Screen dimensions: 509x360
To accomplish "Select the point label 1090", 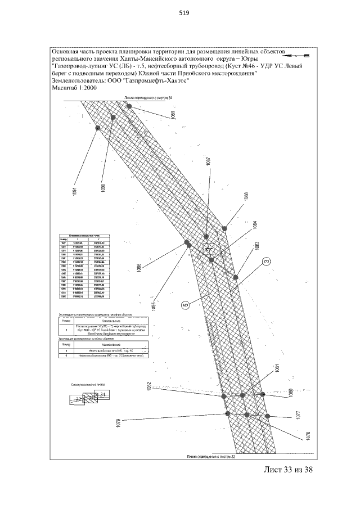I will coord(103,187).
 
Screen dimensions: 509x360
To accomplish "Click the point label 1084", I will coord(255,225).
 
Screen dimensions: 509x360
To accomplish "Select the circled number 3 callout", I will coord(267,260).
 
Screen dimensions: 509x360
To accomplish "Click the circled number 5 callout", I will coord(185,305).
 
